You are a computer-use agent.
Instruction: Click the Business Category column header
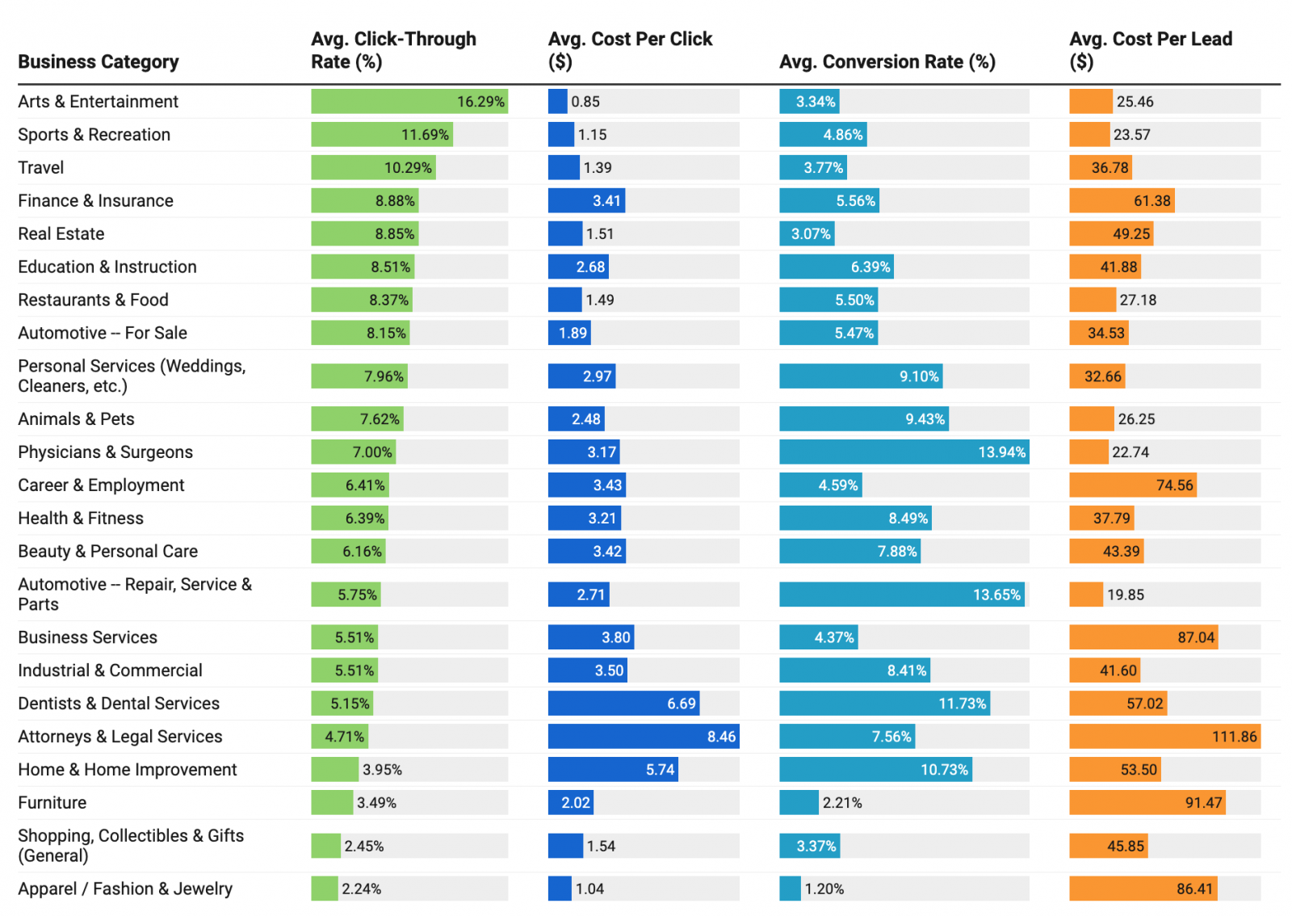pos(99,62)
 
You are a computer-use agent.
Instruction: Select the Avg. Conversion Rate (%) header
pos(887,62)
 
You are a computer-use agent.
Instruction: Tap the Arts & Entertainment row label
pos(98,102)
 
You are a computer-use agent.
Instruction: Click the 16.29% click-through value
pos(480,102)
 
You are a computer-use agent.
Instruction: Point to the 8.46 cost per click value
pos(721,737)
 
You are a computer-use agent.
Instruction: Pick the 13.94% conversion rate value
pos(1001,452)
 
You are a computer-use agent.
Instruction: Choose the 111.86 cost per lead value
pos(1234,737)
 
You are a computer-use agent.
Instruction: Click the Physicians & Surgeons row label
pos(105,452)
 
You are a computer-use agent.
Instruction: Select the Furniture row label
pos(52,803)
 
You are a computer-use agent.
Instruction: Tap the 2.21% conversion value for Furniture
pos(842,803)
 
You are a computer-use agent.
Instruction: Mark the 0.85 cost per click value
pos(585,102)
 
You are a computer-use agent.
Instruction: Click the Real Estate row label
pos(61,234)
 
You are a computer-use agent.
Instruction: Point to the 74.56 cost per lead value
pos(1174,485)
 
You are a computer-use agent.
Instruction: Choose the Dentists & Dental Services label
pos(119,704)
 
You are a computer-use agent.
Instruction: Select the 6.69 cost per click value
pos(681,704)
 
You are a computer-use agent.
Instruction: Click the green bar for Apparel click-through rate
pos(325,889)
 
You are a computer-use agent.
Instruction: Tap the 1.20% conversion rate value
pos(824,889)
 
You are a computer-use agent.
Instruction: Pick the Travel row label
pos(41,168)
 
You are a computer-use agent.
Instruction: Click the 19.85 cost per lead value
pos(1126,595)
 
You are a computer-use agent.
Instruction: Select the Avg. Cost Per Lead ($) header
pos(1150,50)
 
